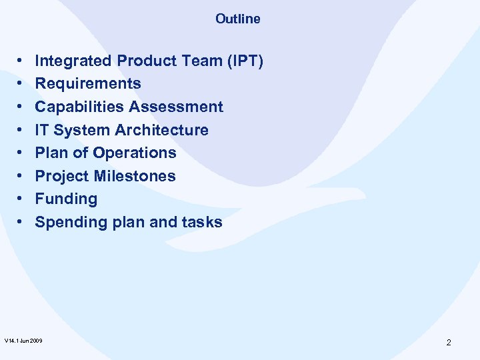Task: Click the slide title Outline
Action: (x=238, y=19)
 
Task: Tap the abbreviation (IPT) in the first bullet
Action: (x=246, y=61)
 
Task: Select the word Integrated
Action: (x=73, y=61)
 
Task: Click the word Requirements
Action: (x=88, y=84)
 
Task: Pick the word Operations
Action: (x=135, y=153)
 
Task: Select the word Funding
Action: (x=66, y=199)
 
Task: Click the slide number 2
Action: (x=449, y=343)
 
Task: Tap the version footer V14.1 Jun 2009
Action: (x=24, y=341)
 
